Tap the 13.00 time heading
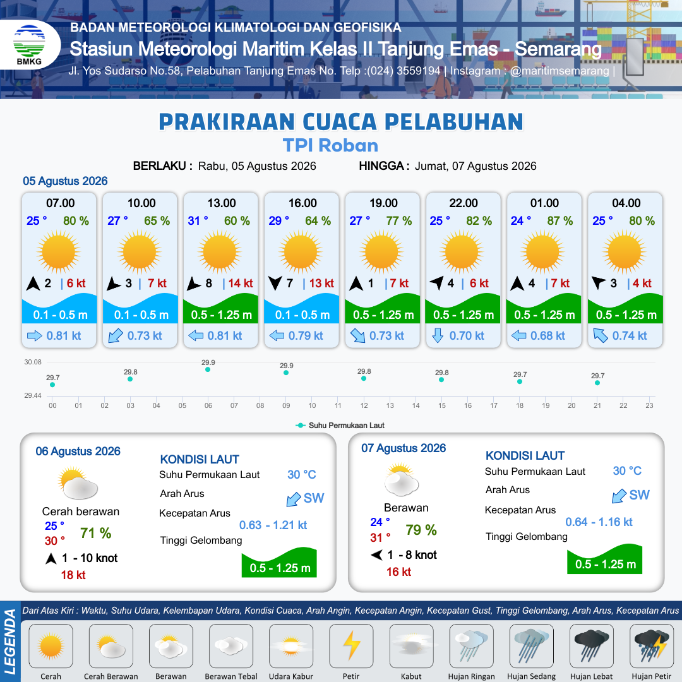click(x=222, y=203)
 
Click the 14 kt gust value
click(x=241, y=283)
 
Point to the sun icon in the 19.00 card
click(x=381, y=252)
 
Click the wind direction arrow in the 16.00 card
click(x=275, y=283)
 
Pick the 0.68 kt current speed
click(x=547, y=336)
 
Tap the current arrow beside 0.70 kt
click(x=438, y=336)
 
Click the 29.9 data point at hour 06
click(x=208, y=369)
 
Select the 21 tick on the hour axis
click(x=597, y=405)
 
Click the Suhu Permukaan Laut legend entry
click(x=340, y=426)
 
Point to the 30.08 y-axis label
click(x=33, y=362)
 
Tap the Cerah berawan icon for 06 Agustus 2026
click(x=78, y=483)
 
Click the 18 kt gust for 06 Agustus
click(x=73, y=575)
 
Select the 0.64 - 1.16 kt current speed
click(x=599, y=522)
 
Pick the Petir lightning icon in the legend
click(x=352, y=646)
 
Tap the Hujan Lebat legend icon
click(x=592, y=646)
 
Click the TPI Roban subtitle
click(x=330, y=145)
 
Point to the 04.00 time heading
click(x=626, y=203)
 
